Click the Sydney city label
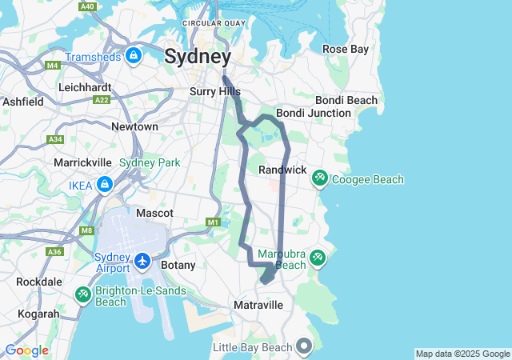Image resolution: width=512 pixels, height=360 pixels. coord(198,57)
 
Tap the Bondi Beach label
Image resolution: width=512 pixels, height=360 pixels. coord(346,100)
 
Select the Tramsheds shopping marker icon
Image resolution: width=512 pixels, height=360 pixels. coord(134,56)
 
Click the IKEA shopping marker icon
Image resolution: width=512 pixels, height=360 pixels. coord(104,185)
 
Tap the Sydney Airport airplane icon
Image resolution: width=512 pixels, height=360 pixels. coord(142,261)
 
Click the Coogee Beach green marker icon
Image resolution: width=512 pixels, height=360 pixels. coord(319,178)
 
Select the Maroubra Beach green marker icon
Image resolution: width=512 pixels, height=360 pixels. coord(318,257)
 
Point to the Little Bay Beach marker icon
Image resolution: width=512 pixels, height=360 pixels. coord(304,346)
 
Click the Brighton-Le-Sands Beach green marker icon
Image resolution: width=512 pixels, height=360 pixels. coord(82,295)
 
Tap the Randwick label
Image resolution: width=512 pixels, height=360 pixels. coord(282,170)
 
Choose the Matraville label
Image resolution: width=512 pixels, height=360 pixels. coord(258,306)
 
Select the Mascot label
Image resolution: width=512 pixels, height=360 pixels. coord(154,214)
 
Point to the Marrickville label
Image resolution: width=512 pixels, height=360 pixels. coord(82,162)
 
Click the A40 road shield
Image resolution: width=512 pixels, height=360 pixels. coord(88,6)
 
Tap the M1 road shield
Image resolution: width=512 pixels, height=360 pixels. coord(212,222)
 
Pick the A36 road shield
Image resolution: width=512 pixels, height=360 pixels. coord(54,252)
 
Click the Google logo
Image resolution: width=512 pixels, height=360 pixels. coord(26,350)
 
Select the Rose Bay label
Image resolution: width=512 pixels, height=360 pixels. coord(345,50)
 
